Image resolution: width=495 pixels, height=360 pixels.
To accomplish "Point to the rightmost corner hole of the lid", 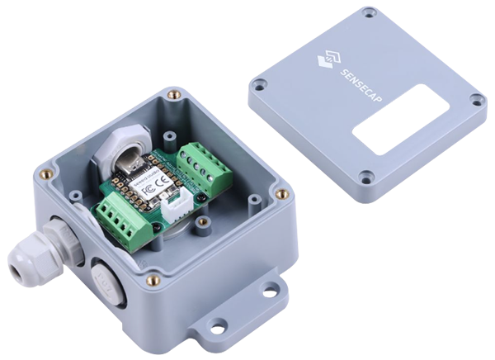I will [x=475, y=99].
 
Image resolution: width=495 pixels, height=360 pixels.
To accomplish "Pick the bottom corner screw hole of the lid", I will [x=364, y=176].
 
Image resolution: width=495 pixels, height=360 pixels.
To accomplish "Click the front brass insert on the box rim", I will [x=152, y=281].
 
